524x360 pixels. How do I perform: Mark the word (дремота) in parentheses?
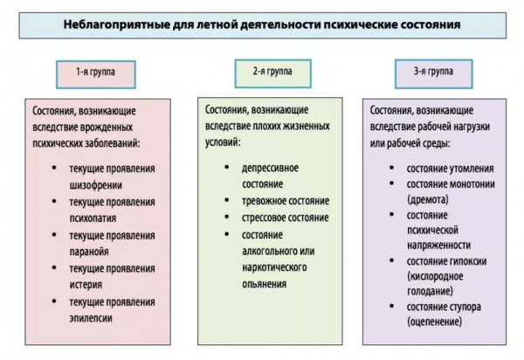point(428,200)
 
